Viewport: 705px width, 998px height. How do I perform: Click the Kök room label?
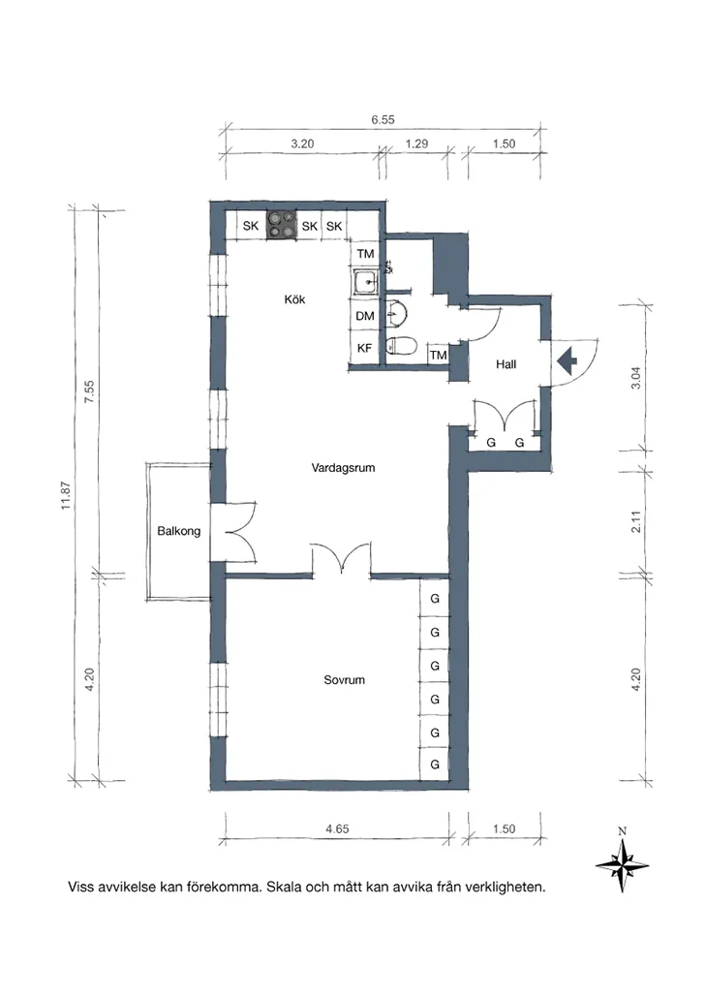294,299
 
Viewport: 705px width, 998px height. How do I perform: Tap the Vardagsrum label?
343,468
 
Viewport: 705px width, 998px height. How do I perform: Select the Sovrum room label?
344,680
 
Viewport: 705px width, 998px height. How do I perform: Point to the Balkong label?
179,531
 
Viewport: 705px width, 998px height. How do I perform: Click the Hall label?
506,364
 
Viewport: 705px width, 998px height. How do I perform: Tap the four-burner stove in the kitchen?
282,226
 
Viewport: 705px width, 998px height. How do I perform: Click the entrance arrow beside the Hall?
567,362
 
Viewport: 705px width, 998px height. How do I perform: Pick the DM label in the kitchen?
364,316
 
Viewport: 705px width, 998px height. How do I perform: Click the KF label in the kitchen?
364,348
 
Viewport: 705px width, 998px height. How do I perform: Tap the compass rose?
623,864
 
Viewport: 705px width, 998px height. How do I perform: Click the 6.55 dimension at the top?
383,119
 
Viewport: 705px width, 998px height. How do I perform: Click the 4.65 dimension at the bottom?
337,828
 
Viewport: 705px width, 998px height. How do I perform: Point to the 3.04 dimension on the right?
635,378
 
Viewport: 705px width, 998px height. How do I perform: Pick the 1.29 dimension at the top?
416,143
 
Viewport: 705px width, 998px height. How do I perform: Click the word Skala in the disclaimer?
285,887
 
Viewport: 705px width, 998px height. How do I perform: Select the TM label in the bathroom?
439,356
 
